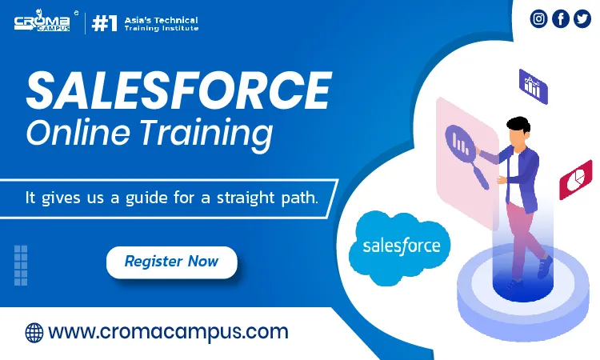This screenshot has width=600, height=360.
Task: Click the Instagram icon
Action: point(538,18)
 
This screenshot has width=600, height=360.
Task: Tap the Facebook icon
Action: point(561,18)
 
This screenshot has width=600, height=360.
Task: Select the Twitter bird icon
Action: point(582,18)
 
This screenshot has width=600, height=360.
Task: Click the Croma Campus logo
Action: point(42,21)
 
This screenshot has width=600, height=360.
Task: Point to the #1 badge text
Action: point(105,24)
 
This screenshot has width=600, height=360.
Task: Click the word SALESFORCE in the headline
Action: point(178,90)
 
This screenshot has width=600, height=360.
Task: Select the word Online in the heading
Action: point(78,132)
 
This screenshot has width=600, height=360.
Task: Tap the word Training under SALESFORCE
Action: point(206,134)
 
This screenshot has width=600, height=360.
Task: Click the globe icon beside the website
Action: point(34,333)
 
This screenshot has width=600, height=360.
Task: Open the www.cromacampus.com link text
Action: point(168,333)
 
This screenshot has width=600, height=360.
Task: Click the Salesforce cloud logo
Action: point(400,247)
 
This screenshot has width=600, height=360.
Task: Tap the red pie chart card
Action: point(575,180)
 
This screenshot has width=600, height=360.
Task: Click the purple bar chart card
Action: point(534,86)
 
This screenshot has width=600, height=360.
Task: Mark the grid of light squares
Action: point(21,265)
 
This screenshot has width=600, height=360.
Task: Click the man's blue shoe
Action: point(545,266)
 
